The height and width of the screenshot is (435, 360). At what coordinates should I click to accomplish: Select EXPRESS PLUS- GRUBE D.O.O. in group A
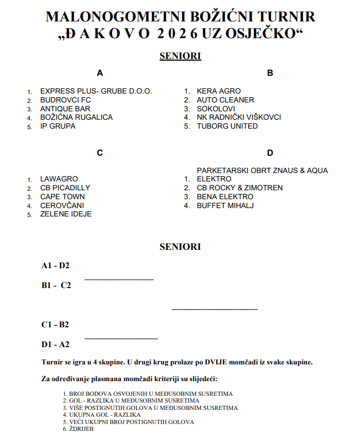click(96, 91)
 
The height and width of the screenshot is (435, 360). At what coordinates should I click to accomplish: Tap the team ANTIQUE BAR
click(65, 109)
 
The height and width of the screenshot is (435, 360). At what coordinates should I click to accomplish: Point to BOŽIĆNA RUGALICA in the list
click(76, 117)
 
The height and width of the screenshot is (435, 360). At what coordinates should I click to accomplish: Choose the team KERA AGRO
click(219, 91)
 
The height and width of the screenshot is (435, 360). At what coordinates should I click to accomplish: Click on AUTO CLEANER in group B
click(226, 100)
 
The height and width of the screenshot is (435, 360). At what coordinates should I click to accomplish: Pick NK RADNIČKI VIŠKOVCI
click(239, 117)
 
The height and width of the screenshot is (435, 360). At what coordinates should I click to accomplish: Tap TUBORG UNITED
click(227, 126)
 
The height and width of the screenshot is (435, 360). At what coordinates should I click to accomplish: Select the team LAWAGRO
click(59, 179)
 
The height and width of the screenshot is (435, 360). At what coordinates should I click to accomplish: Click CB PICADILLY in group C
click(65, 188)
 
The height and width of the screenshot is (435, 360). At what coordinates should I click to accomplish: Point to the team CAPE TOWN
click(62, 197)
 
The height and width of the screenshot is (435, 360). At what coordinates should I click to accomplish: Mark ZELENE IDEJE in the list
click(66, 214)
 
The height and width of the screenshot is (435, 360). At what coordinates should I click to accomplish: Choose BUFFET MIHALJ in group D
click(225, 205)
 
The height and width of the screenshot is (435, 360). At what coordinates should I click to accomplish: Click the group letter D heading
click(270, 153)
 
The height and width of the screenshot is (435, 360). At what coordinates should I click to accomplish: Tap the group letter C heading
click(100, 153)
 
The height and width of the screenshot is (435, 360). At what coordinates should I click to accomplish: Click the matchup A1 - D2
click(55, 266)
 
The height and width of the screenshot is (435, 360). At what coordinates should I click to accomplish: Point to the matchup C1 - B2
click(55, 325)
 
